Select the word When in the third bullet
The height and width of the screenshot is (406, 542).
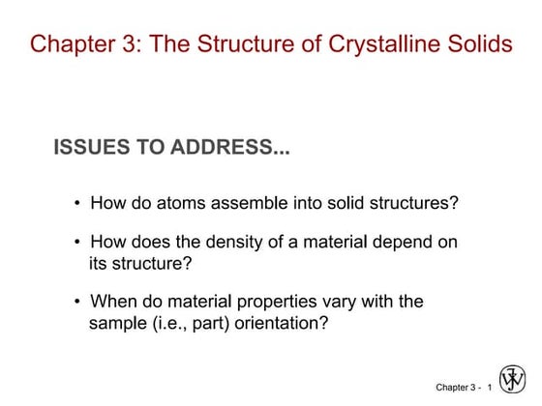tap(112, 302)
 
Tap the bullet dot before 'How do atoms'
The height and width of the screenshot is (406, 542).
tap(76, 204)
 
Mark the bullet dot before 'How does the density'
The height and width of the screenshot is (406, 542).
tap(76, 243)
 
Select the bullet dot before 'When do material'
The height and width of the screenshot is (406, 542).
tap(76, 302)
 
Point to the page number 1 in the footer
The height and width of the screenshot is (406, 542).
tap(490, 388)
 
